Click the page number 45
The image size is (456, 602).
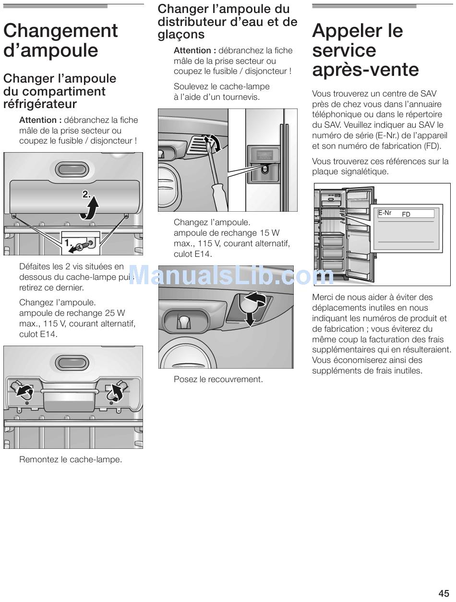[443, 593]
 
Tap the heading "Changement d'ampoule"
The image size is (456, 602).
[60, 40]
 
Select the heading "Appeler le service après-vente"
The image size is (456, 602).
[365, 50]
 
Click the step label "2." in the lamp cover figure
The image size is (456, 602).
[86, 194]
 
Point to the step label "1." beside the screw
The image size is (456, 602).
[69, 243]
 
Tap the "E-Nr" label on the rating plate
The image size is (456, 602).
[385, 213]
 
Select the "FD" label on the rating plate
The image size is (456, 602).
[406, 215]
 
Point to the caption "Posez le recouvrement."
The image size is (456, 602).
[218, 379]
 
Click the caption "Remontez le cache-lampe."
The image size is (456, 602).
[71, 459]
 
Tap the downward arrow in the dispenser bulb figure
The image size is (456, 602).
[250, 317]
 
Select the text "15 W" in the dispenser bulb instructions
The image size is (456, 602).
[269, 233]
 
